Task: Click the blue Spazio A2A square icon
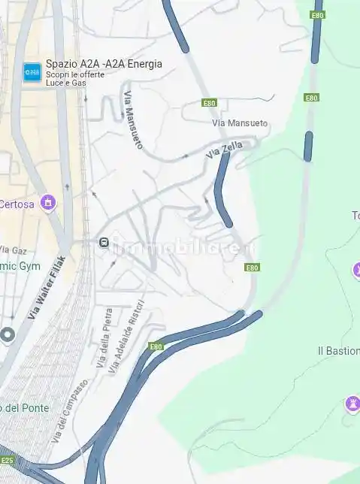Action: point(32,72)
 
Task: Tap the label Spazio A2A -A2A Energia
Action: point(104,64)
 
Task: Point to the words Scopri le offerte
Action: point(74,74)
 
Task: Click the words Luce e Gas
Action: point(66,83)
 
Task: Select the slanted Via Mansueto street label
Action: point(132,119)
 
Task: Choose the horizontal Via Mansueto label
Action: point(240,123)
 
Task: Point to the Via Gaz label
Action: point(13,250)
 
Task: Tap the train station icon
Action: point(104,242)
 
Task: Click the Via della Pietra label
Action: point(104,337)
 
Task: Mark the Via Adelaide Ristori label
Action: point(125,339)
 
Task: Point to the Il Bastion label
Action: point(338,351)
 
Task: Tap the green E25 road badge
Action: point(7,460)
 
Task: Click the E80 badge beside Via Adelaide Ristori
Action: point(156,346)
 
